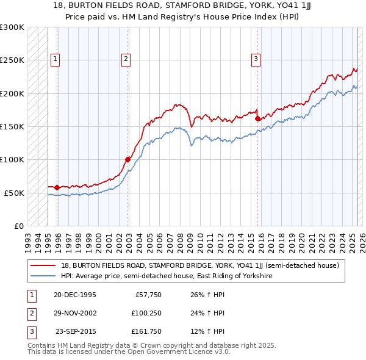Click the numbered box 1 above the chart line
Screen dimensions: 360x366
pyautogui.click(x=55, y=59)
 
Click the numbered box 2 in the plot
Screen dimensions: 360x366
pyautogui.click(x=126, y=59)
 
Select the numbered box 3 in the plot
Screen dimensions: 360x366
pyautogui.click(x=256, y=59)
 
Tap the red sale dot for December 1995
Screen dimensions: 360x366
pyautogui.click(x=57, y=188)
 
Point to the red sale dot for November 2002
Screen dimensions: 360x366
pyautogui.click(x=128, y=160)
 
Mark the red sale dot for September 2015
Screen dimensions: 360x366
pyautogui.click(x=258, y=119)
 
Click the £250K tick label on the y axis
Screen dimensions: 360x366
pyautogui.click(x=12, y=60)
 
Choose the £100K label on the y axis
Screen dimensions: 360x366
pyautogui.click(x=12, y=160)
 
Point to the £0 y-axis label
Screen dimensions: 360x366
pyautogui.click(x=18, y=226)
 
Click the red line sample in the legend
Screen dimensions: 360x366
pyautogui.click(x=43, y=265)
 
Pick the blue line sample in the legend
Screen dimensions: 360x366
pyautogui.click(x=43, y=276)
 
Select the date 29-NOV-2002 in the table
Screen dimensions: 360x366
pyautogui.click(x=75, y=313)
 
